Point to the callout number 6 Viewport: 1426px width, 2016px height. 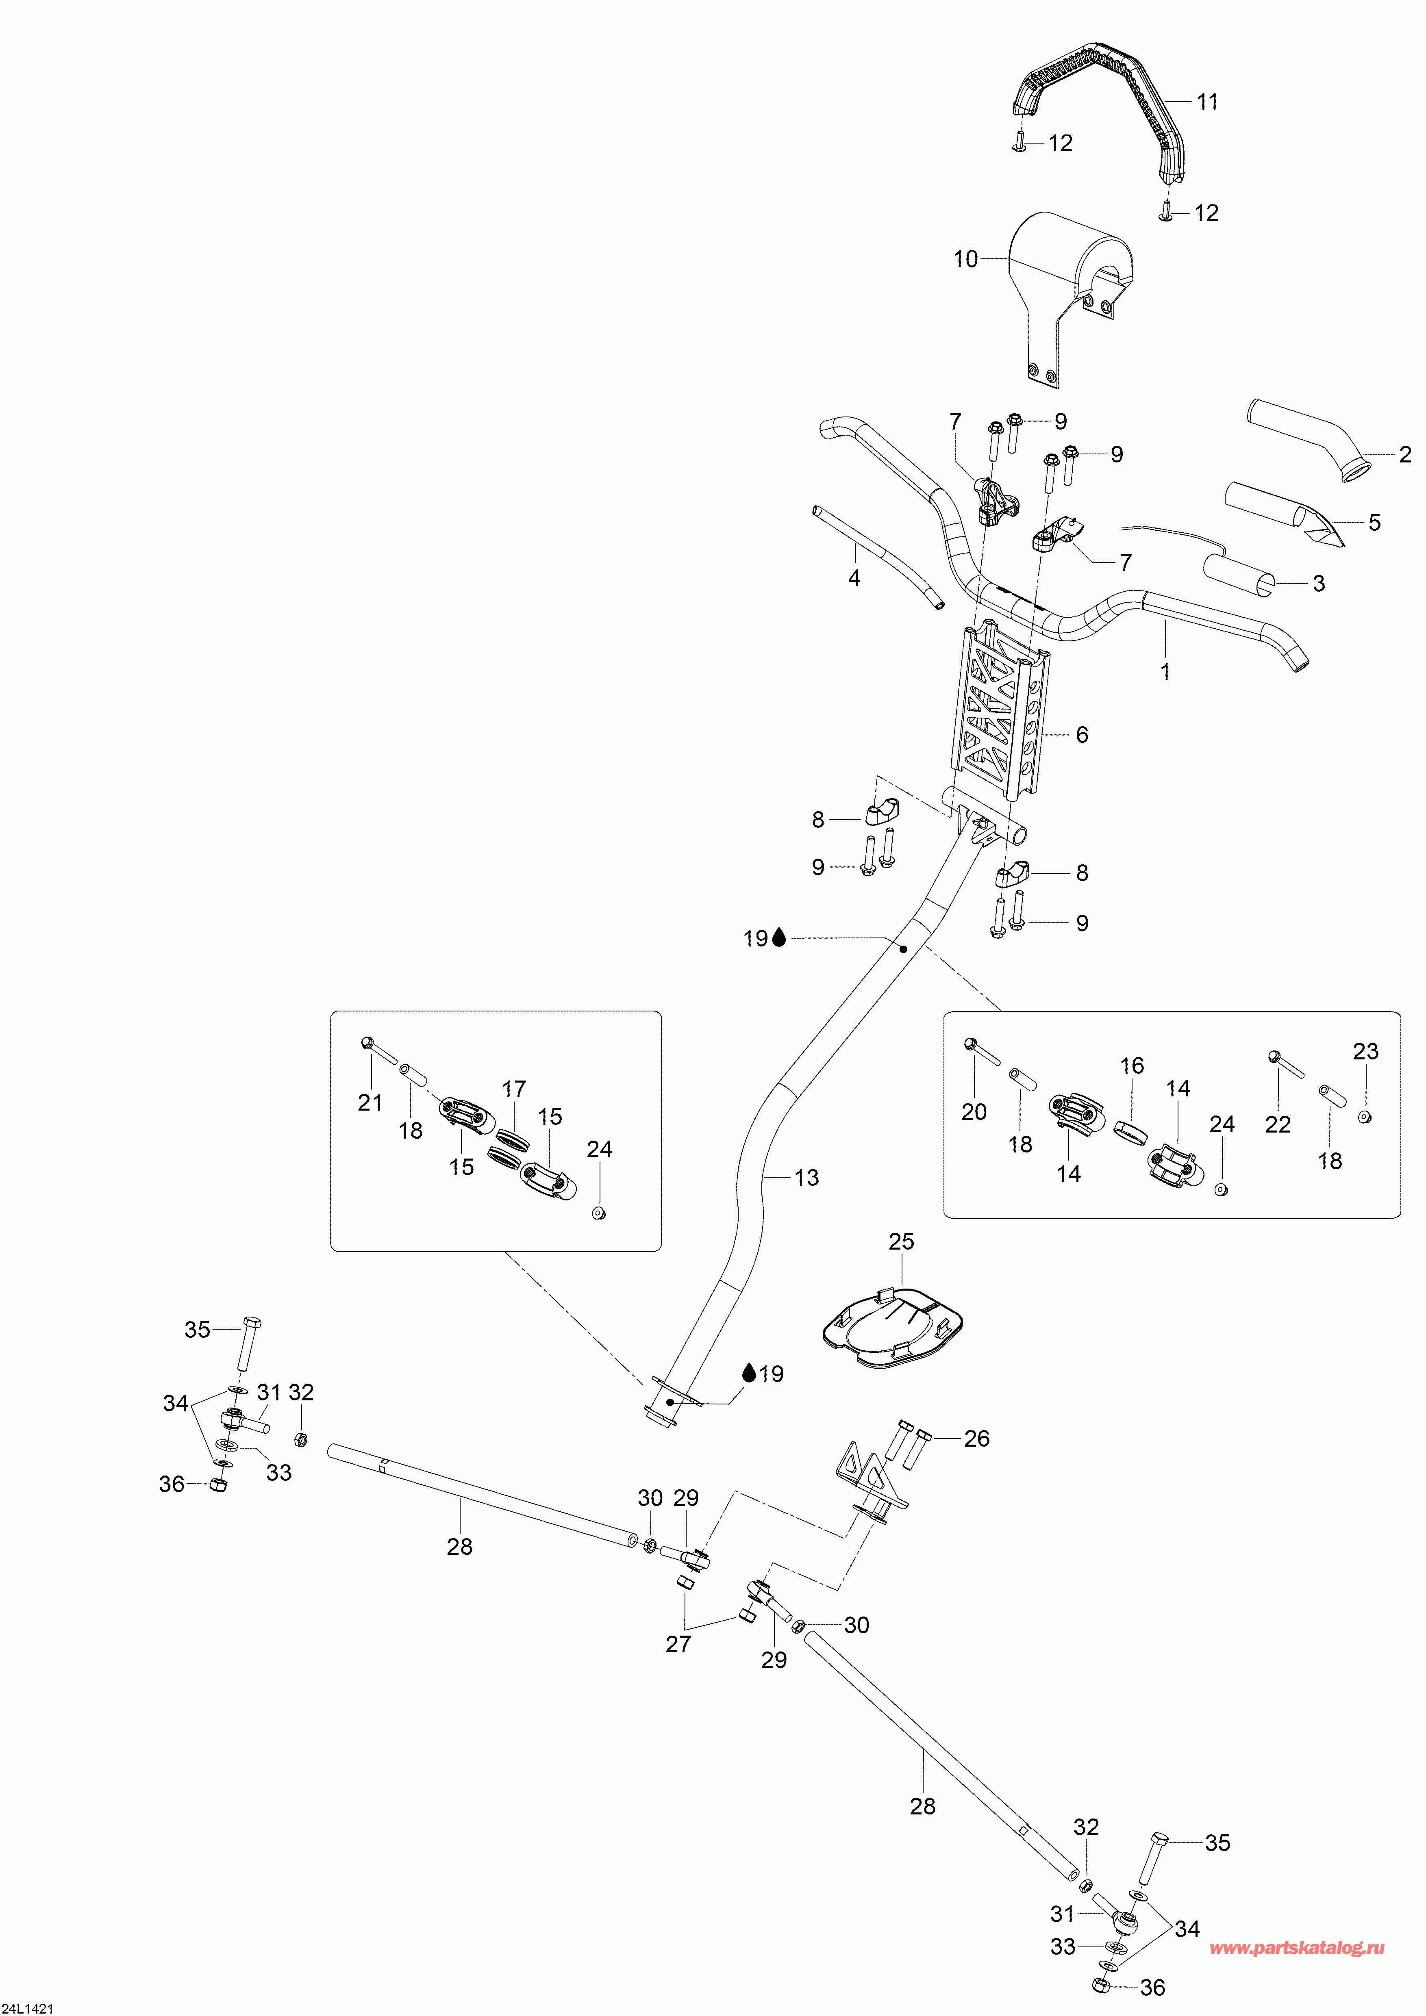pos(1082,735)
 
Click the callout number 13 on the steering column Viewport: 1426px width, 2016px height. pos(806,1178)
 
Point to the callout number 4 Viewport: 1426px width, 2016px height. pos(854,579)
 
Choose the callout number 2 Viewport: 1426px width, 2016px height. pos(1405,455)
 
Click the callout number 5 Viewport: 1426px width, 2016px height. pos(1374,523)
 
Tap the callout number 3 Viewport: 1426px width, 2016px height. pos(1318,584)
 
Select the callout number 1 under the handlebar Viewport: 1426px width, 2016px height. pos(1165,673)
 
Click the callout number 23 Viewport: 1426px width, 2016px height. pos(1365,1052)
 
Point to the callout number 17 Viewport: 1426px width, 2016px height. pos(514,1089)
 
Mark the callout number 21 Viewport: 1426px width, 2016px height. pos(370,1103)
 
